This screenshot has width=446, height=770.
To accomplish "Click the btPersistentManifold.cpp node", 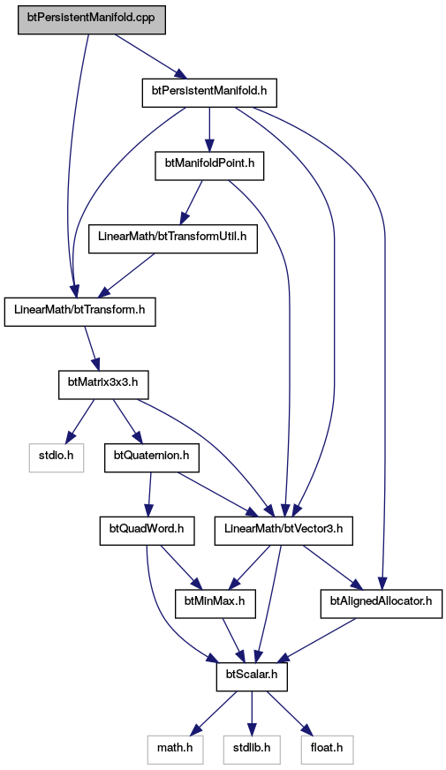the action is click(92, 20).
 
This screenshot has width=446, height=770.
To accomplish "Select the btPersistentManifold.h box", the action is click(209, 93).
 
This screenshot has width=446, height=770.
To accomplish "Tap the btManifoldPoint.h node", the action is click(209, 165).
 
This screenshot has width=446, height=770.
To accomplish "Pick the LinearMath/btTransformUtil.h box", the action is click(173, 238).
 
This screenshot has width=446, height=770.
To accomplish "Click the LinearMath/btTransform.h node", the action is click(80, 312).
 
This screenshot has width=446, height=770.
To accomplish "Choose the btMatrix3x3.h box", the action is click(103, 384).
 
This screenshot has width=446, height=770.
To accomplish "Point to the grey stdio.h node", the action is click(56, 457).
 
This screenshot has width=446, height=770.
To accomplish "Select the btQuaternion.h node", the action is click(152, 457).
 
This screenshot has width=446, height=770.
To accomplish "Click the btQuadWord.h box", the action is click(147, 531).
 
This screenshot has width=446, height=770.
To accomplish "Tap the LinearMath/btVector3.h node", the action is click(283, 531).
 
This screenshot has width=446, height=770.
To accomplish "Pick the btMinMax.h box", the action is click(215, 603).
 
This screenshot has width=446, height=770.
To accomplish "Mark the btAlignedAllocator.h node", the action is click(382, 603).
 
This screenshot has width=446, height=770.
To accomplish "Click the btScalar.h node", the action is click(252, 676).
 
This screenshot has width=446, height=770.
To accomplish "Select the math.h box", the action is click(175, 750).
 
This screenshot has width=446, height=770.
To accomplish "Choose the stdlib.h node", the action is click(252, 750).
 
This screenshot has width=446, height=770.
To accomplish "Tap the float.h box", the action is click(327, 750).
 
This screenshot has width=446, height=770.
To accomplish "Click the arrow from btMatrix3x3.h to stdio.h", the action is click(79, 420).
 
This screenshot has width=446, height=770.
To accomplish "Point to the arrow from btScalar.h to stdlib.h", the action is click(252, 713).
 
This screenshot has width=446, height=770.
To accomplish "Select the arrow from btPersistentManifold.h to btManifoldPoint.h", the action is click(209, 129).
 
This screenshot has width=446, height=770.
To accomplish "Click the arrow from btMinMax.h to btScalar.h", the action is click(234, 640).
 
